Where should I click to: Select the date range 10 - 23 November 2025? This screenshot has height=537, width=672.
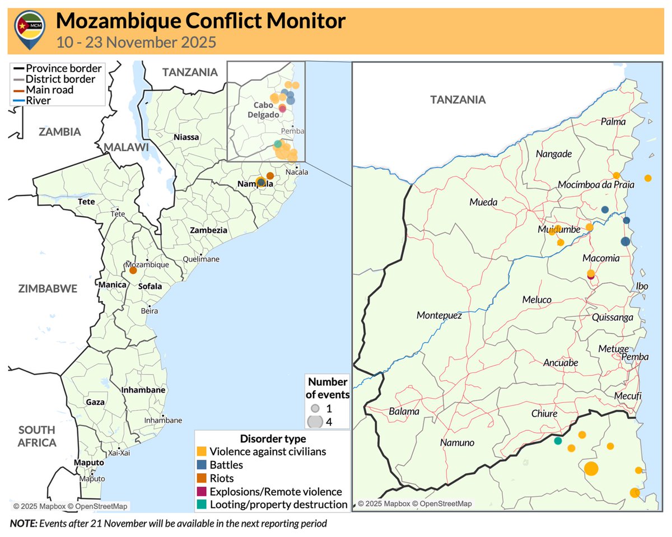[136, 42]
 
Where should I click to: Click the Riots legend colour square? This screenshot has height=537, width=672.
[202, 478]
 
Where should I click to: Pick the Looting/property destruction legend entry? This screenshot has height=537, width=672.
[278, 505]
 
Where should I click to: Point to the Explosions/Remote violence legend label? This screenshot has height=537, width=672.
[276, 492]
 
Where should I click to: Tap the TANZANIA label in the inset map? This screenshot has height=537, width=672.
[458, 100]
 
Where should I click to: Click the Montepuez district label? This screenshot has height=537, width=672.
[439, 316]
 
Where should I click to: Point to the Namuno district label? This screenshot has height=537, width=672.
[457, 443]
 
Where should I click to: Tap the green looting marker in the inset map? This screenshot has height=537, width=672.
[558, 441]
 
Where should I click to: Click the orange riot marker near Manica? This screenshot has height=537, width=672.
[133, 270]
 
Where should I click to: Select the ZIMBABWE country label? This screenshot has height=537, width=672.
[48, 288]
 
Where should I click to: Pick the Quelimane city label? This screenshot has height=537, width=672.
[202, 259]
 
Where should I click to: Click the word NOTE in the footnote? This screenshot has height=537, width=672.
[22, 524]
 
